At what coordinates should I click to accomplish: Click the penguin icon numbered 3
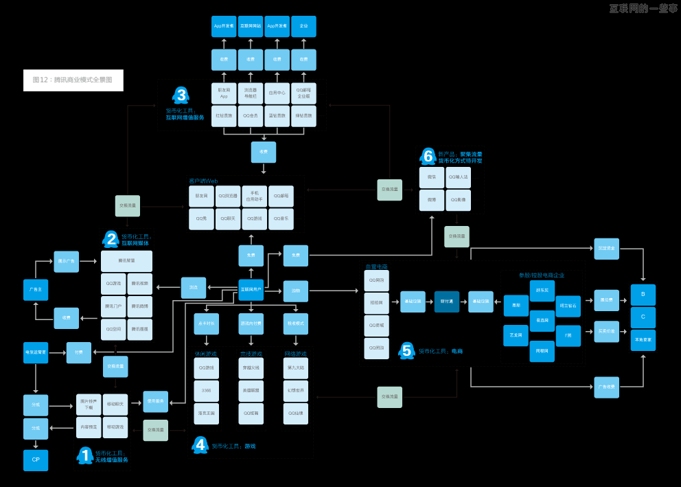coord(181,95)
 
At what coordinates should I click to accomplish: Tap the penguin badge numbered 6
coord(428,157)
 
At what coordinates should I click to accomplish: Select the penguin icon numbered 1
coord(85,455)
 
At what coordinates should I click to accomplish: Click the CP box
coord(36,460)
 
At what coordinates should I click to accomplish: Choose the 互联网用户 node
coord(251,289)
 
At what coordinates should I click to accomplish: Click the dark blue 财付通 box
coord(446,302)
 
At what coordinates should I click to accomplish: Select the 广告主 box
coord(36,290)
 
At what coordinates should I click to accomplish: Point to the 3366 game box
coord(206,390)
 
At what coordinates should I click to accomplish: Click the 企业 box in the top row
coord(303,26)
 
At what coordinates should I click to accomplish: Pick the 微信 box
coord(431,177)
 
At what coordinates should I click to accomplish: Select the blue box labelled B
coord(643,295)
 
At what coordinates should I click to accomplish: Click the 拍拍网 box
coord(376,303)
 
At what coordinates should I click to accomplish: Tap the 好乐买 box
coord(542,291)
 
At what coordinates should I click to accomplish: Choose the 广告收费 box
coord(607,387)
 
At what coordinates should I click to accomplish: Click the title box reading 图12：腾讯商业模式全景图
coord(73,80)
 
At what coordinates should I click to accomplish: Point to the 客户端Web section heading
coord(203,181)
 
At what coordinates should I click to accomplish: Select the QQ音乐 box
coord(281,218)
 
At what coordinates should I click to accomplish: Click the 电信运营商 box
coord(36,352)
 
